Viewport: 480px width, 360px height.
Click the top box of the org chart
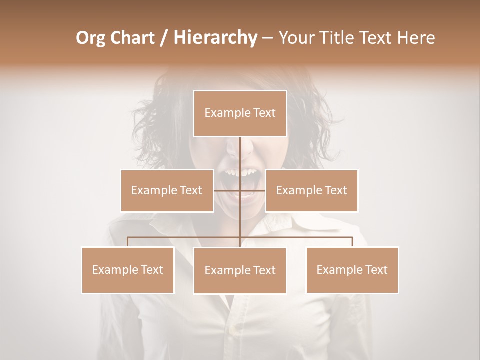(x=240, y=113)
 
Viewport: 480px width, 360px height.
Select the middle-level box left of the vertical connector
(x=167, y=190)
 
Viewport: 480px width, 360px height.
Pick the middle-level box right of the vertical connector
(x=311, y=190)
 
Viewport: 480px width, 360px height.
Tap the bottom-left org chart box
(x=128, y=270)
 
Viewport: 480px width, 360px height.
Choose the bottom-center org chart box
(x=240, y=270)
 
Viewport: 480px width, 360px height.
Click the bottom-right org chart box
(x=352, y=270)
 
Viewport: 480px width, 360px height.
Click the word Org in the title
(x=91, y=38)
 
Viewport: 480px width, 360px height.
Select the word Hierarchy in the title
(x=215, y=38)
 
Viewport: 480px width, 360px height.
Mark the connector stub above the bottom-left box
(x=128, y=242)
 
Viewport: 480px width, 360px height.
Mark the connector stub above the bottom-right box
(x=352, y=242)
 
